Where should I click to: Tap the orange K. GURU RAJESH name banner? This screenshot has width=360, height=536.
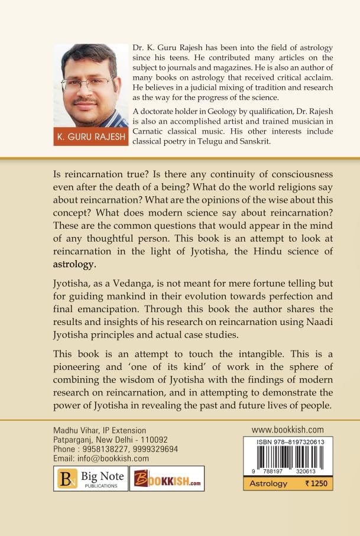click(x=90, y=137)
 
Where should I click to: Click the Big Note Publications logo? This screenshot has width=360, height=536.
click(x=90, y=479)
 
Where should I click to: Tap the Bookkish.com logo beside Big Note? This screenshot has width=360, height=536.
click(x=167, y=479)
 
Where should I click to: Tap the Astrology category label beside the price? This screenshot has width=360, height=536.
click(x=268, y=483)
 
